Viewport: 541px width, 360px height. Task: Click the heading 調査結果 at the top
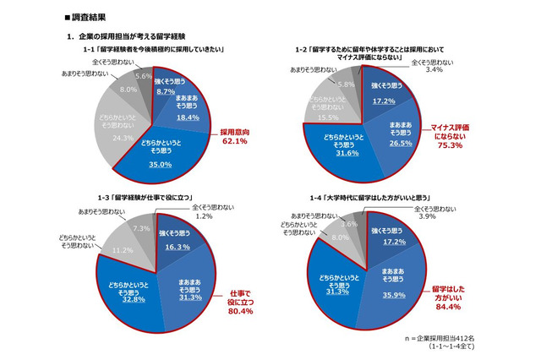[x=92, y=16]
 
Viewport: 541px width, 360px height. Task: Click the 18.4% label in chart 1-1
[x=187, y=118]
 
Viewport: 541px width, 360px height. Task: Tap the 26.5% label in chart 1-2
[x=401, y=143]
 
